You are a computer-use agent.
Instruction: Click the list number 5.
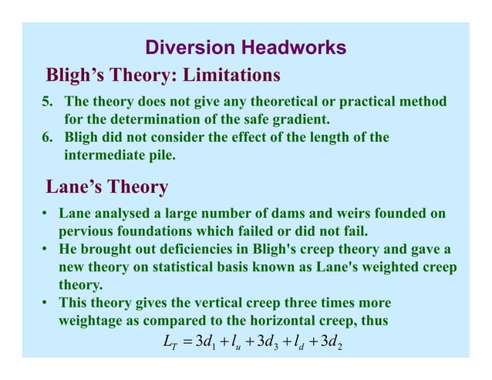[x=45, y=102]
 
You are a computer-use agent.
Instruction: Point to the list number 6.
[x=45, y=137]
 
